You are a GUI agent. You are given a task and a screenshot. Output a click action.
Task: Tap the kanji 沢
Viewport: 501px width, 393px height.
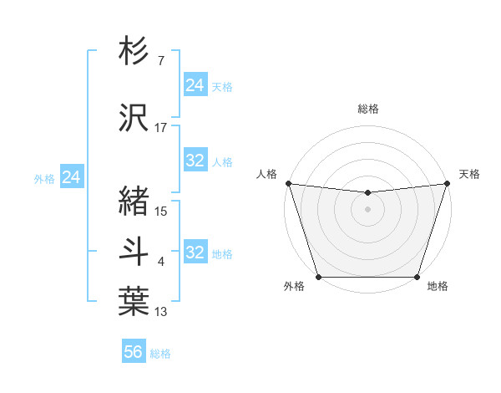(x=134, y=116)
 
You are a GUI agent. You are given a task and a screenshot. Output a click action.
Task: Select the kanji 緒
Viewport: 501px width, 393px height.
(x=134, y=201)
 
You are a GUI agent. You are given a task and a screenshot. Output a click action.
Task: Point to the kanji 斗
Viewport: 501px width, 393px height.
(x=134, y=251)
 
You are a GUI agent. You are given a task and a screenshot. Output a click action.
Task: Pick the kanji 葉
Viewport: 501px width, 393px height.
(x=134, y=301)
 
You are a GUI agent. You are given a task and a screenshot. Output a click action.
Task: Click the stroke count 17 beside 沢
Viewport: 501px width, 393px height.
(x=161, y=128)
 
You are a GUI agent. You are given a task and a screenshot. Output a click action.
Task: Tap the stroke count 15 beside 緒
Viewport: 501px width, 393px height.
(x=161, y=212)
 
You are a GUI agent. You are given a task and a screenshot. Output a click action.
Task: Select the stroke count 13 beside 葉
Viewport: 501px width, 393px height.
(x=161, y=313)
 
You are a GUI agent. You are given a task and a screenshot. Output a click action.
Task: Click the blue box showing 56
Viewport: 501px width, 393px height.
(x=134, y=352)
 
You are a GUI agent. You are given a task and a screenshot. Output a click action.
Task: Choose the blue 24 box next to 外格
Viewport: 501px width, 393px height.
(x=72, y=177)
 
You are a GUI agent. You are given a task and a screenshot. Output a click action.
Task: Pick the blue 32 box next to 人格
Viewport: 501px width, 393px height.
(x=195, y=161)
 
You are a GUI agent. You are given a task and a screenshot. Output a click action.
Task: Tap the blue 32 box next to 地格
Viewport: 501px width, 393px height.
(x=195, y=253)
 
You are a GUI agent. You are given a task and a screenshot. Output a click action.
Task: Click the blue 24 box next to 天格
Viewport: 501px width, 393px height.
(x=195, y=85)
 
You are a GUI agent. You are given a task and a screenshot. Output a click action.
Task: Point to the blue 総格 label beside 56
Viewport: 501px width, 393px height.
(x=160, y=354)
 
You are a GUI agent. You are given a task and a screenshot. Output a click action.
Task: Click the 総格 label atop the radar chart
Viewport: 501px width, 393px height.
(x=368, y=109)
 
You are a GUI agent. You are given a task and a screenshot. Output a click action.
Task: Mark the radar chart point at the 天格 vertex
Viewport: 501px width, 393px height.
(x=448, y=183)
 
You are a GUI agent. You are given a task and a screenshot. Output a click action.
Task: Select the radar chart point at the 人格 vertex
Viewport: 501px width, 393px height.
(x=288, y=183)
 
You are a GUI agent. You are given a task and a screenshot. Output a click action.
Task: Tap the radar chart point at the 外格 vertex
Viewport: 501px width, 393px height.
(x=319, y=277)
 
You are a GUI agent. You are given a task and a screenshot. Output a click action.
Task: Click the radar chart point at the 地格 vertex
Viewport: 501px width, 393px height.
(x=417, y=277)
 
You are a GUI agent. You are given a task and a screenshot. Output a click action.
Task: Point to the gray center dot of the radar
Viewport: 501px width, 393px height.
(x=368, y=209)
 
